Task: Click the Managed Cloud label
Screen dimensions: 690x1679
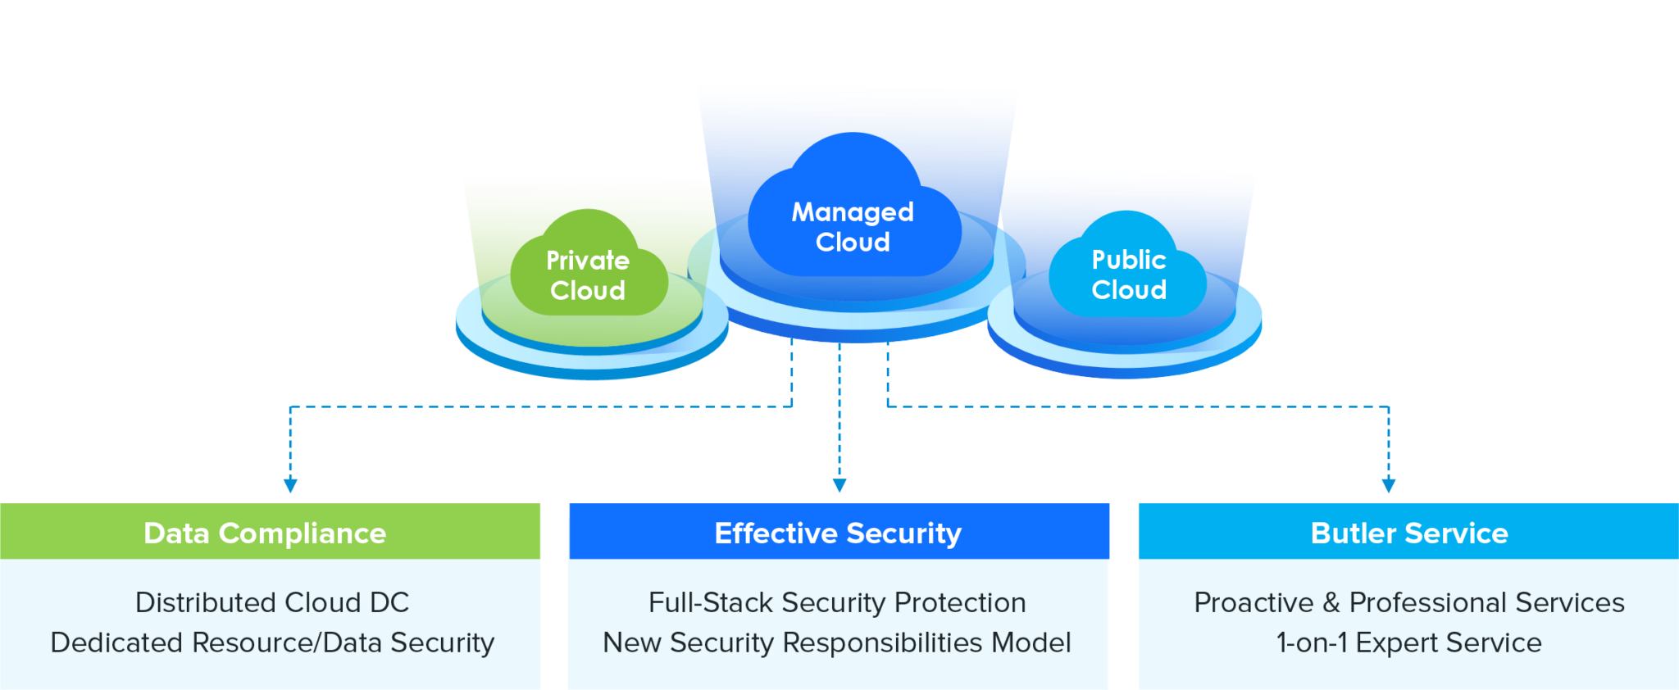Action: coord(853,227)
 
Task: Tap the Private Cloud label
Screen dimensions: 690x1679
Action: coord(588,275)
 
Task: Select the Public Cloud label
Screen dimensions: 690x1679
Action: coord(1129,275)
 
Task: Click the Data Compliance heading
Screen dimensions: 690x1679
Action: coord(265,533)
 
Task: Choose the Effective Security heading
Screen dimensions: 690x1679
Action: coord(838,533)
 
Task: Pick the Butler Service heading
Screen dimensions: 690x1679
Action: coord(1409,533)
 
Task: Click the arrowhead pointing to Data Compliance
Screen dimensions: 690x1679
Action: coord(290,485)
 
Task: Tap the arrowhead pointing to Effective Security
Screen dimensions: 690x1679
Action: coord(839,485)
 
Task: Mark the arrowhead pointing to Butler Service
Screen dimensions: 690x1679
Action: coord(1388,485)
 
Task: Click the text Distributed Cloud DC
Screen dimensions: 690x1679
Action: coord(272,602)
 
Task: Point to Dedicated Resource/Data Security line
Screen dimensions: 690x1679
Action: coord(272,642)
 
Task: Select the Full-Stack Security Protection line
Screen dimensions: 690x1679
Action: coord(837,602)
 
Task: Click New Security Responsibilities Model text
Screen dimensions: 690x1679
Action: coord(837,642)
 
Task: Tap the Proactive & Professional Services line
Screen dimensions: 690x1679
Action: coord(1409,602)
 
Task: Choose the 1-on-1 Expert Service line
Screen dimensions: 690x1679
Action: coord(1409,642)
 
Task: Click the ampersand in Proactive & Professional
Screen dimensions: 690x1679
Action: coord(1331,602)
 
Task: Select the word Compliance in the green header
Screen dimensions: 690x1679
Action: coord(303,533)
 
